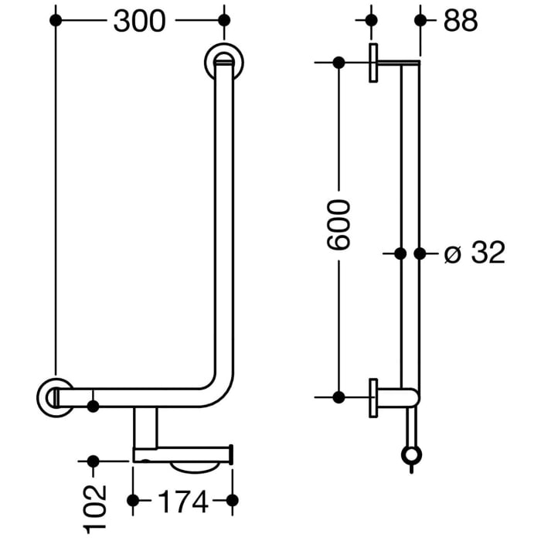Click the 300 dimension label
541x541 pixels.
pos(139,21)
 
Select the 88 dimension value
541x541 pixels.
pos(461,21)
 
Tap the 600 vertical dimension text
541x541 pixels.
pos(338,225)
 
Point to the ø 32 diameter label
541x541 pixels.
pos(475,253)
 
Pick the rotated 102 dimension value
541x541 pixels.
pos(94,508)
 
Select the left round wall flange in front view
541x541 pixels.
pos(55,396)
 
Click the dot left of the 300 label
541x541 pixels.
pos(55,21)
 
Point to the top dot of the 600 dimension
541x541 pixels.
pos(339,63)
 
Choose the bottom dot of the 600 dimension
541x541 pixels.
pos(339,396)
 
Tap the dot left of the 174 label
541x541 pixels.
pos(134,503)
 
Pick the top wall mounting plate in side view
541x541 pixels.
pos(373,63)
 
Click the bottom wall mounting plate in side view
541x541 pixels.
pos(373,397)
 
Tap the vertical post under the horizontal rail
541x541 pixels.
pos(145,427)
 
